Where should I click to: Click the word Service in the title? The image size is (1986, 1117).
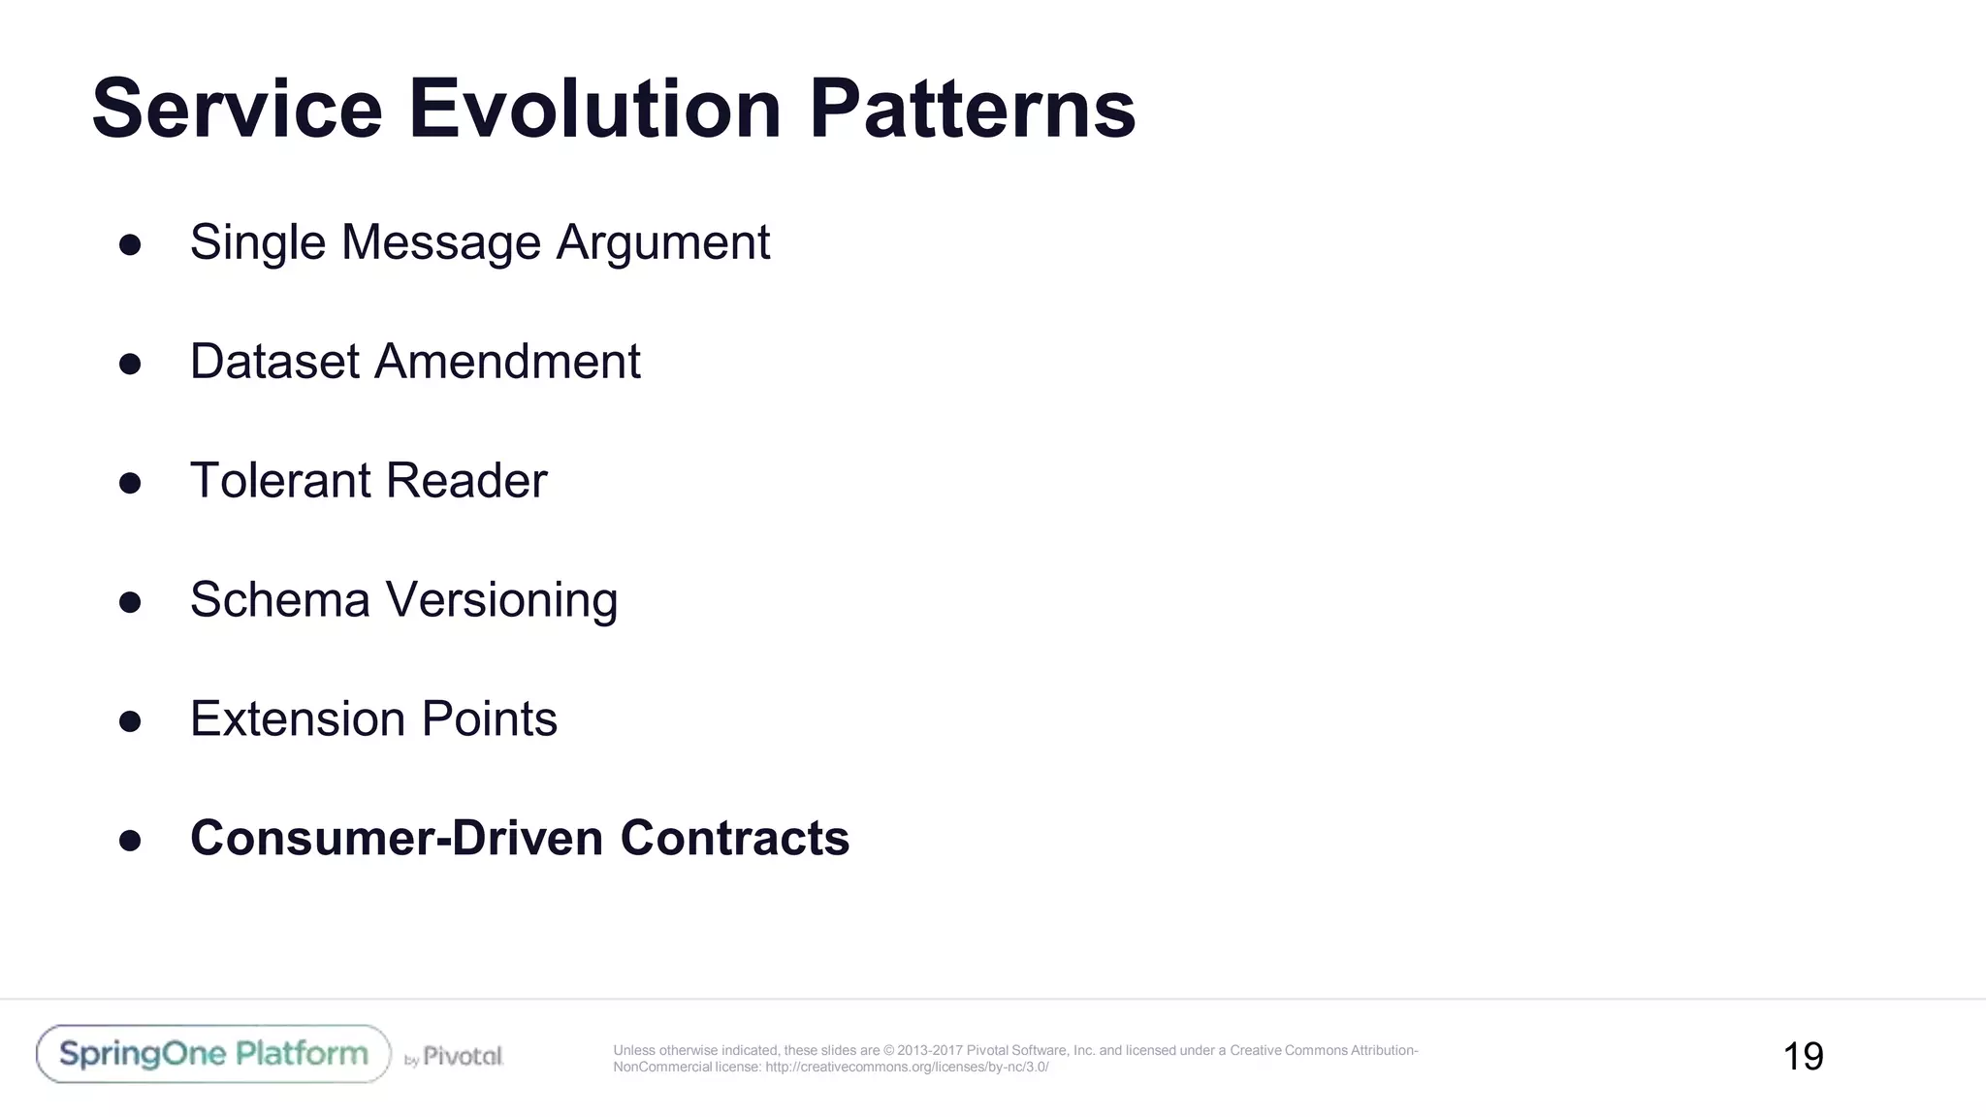(237, 109)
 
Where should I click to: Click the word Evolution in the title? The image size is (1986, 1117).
(594, 109)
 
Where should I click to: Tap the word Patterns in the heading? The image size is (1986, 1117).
(972, 109)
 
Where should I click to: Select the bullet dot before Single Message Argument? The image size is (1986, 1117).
(130, 244)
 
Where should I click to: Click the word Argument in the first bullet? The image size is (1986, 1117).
(662, 242)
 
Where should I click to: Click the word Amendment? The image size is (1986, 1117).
(507, 362)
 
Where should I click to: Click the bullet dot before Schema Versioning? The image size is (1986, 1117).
(130, 602)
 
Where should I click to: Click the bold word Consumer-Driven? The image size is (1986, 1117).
(397, 839)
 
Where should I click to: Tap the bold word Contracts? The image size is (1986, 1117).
(734, 839)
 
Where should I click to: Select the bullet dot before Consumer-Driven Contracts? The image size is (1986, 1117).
(130, 841)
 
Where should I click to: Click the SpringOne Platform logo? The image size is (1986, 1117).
(213, 1054)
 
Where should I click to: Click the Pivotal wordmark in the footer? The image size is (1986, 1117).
(463, 1056)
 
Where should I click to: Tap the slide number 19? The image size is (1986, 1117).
(1803, 1057)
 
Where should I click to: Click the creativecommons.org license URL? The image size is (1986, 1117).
(906, 1068)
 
